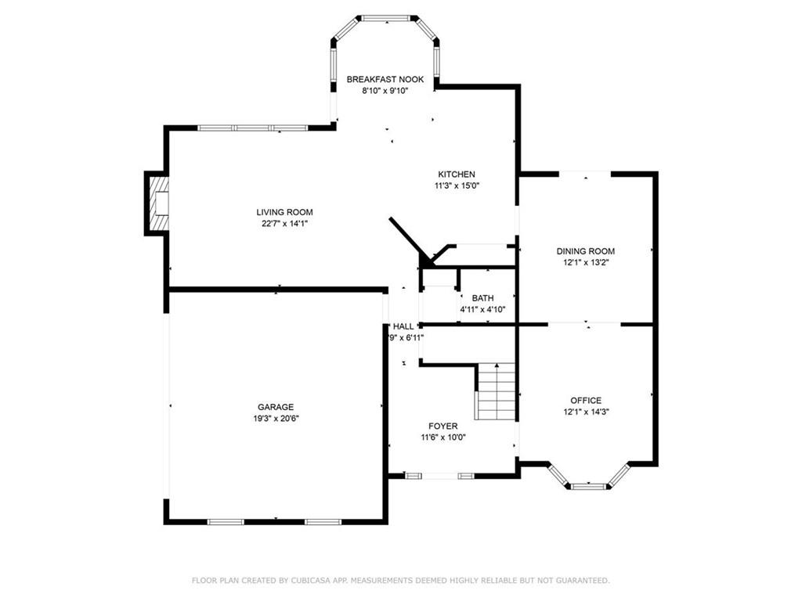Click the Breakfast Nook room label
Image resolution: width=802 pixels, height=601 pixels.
click(385, 79)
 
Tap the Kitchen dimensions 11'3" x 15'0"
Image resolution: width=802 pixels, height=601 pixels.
click(457, 185)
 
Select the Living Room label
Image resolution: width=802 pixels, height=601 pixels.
click(284, 212)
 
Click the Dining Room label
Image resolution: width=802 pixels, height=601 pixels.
click(586, 251)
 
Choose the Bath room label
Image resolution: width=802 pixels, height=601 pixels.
click(482, 298)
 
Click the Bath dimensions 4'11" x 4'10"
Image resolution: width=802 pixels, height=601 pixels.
click(482, 309)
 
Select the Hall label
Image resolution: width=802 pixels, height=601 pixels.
click(403, 326)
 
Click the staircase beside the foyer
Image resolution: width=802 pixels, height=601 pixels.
click(496, 393)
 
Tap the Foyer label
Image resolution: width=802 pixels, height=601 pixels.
click(443, 426)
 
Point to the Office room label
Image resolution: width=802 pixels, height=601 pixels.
click(586, 401)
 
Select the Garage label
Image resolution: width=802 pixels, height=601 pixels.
click(276, 407)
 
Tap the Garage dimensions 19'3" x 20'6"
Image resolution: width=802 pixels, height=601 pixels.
click(276, 418)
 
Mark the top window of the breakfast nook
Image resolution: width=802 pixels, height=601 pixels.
click(385, 17)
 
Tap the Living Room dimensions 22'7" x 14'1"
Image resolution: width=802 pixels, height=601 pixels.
click(284, 223)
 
